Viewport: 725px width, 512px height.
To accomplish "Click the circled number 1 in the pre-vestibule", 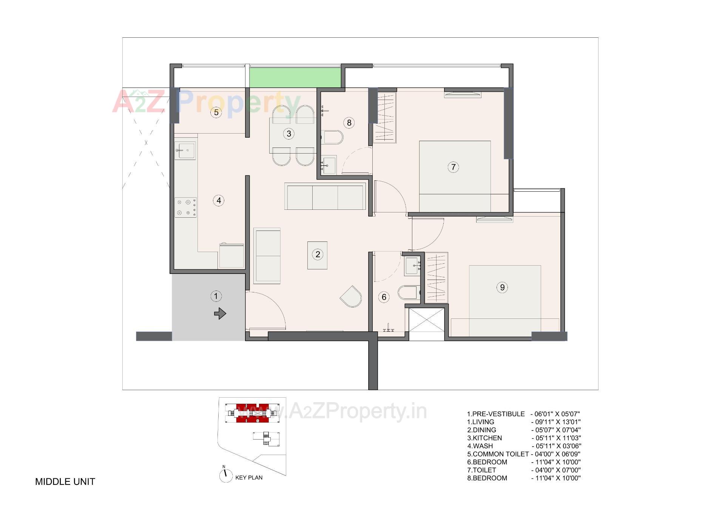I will click(x=216, y=296).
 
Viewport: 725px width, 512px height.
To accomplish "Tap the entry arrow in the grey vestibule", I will click(x=220, y=314).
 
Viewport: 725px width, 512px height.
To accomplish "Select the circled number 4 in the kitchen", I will click(x=219, y=200).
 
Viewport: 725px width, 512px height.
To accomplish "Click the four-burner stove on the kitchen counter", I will click(x=185, y=208).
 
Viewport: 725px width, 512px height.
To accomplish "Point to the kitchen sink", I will click(x=185, y=151).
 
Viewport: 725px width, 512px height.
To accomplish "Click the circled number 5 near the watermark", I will click(x=216, y=112).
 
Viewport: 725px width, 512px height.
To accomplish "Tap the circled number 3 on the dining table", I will click(x=289, y=134).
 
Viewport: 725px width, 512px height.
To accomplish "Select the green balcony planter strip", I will click(x=295, y=77).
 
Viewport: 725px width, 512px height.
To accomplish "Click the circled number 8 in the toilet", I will click(x=349, y=123).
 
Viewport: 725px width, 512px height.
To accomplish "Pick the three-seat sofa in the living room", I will click(x=325, y=197).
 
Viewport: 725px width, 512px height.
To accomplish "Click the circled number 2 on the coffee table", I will click(x=318, y=255).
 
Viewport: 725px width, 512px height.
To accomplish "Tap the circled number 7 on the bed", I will click(x=453, y=167).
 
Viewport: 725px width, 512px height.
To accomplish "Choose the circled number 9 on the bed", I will click(x=502, y=288).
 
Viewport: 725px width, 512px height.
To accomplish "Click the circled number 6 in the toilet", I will click(x=384, y=297).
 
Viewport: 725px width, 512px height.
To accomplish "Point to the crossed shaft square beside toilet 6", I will click(x=427, y=324).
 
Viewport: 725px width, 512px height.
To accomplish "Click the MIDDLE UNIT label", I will click(x=65, y=482).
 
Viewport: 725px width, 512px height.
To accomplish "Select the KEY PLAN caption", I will click(x=249, y=478).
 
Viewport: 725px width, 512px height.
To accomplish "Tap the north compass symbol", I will click(x=225, y=475).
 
